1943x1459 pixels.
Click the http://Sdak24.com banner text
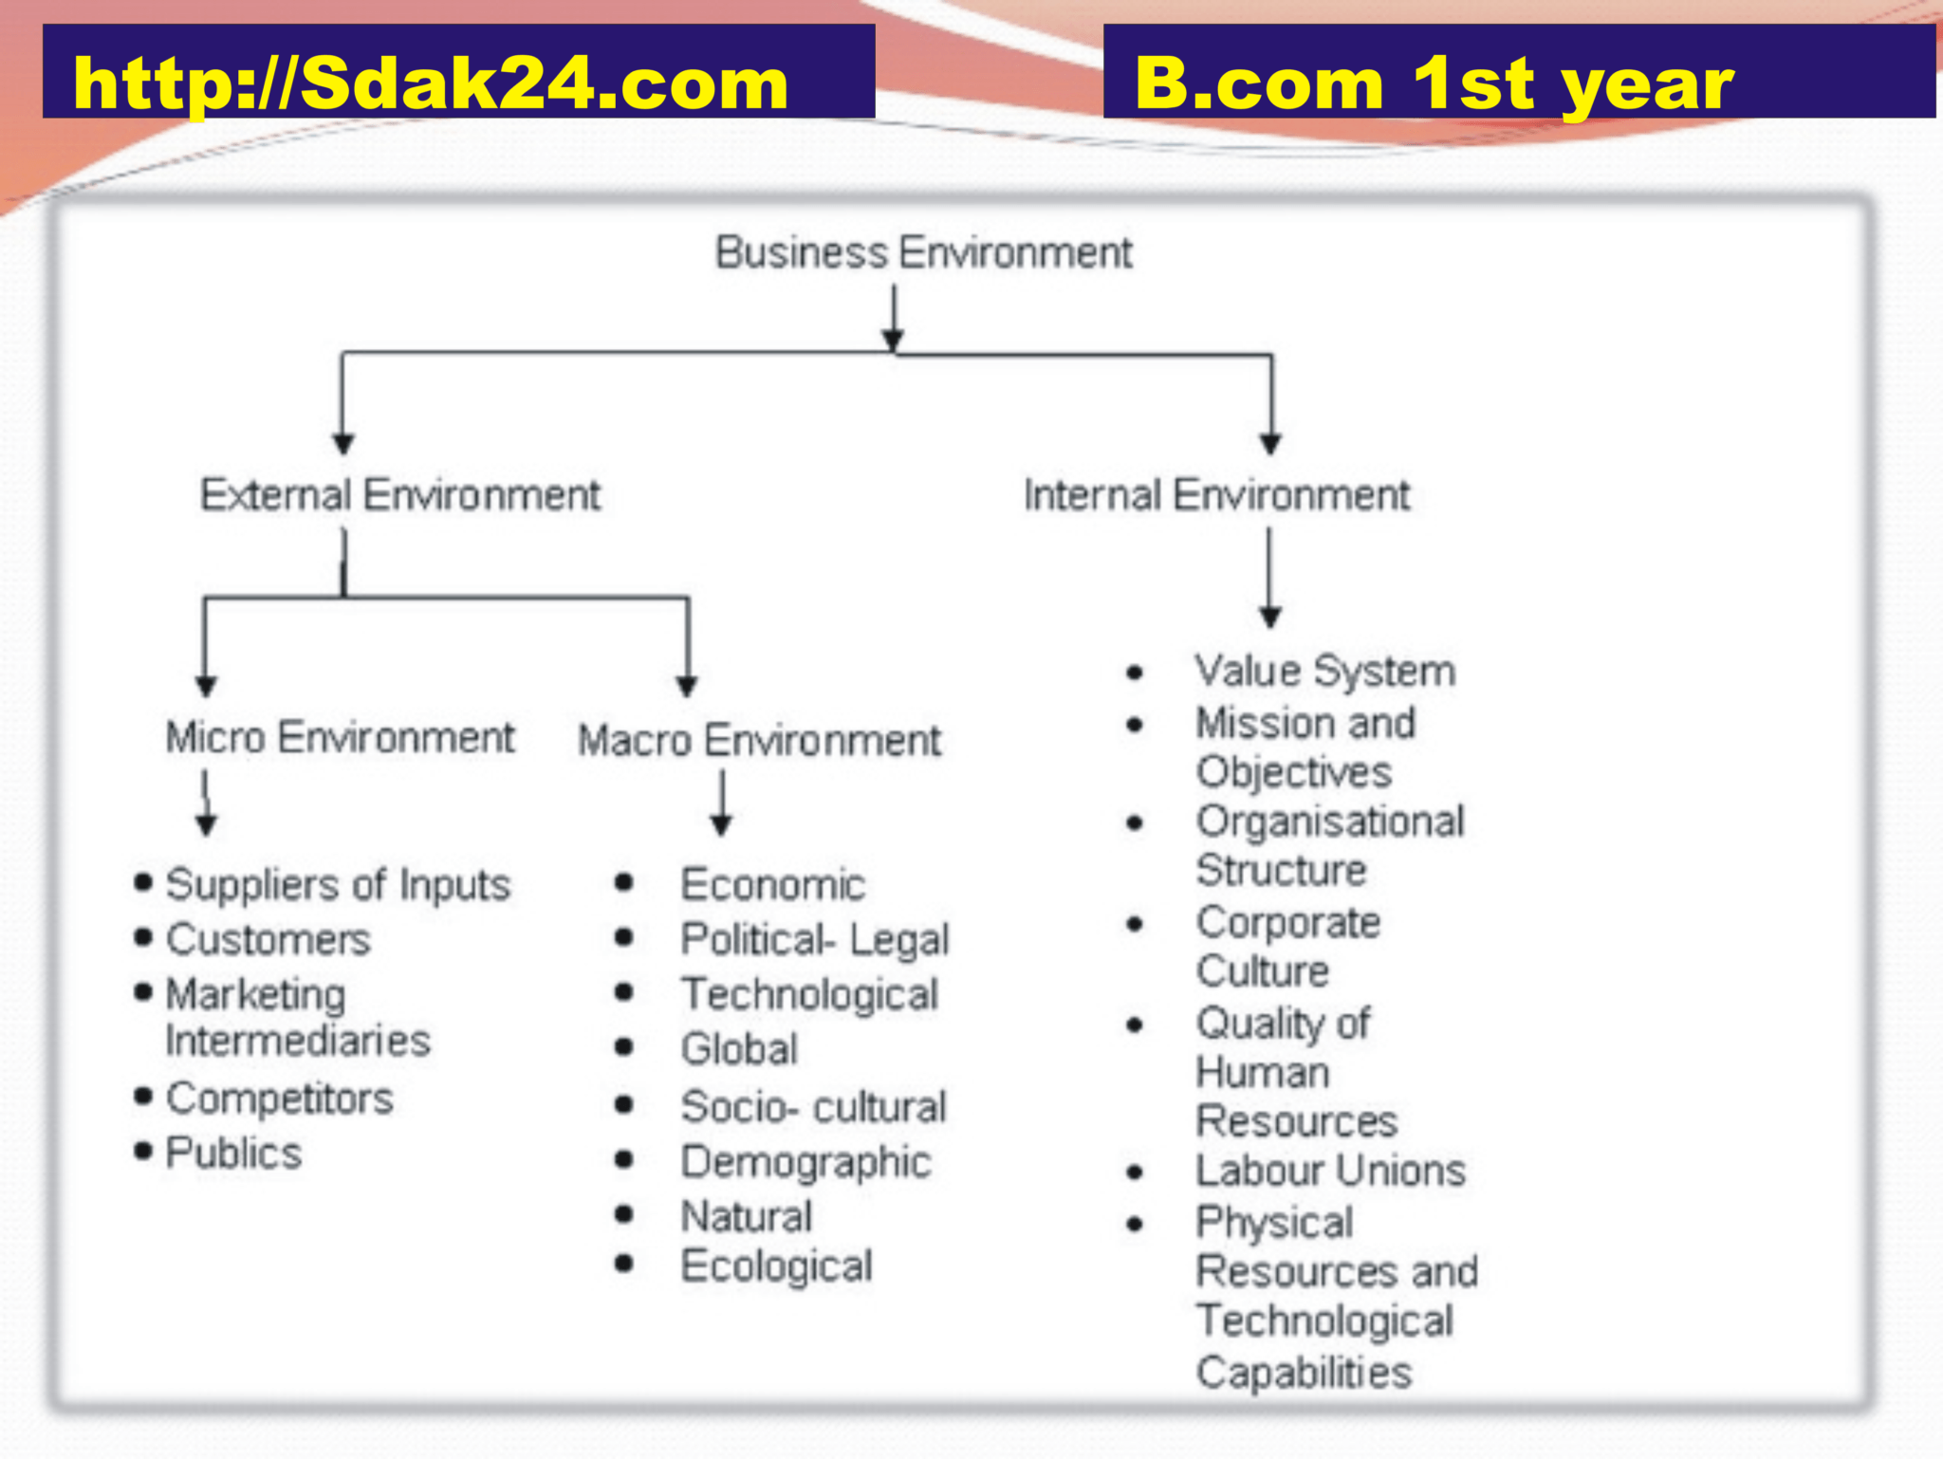pyautogui.click(x=431, y=83)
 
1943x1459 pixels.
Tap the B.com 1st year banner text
pyautogui.click(x=1434, y=84)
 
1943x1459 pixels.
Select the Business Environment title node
pyautogui.click(x=924, y=252)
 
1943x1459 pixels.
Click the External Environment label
pyautogui.click(x=400, y=494)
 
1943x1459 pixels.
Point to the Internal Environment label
pyautogui.click(x=1217, y=494)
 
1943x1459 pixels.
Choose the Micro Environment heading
pyautogui.click(x=341, y=737)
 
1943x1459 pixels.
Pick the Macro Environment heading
pyautogui.click(x=760, y=740)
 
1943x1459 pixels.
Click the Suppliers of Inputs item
pyautogui.click(x=339, y=885)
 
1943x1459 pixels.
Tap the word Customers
pyautogui.click(x=268, y=939)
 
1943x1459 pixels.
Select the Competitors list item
pyautogui.click(x=280, y=1099)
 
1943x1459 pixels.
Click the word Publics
pyautogui.click(x=234, y=1153)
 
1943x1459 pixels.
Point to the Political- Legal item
pyautogui.click(x=815, y=940)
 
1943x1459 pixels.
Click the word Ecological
pyautogui.click(x=777, y=1266)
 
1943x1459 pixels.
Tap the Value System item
pyautogui.click(x=1325, y=672)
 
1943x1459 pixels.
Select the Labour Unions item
pyautogui.click(x=1331, y=1171)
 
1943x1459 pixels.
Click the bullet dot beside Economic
pyautogui.click(x=623, y=883)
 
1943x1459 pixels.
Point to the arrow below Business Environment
pyautogui.click(x=893, y=319)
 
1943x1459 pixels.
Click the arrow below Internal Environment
pyautogui.click(x=1270, y=578)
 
